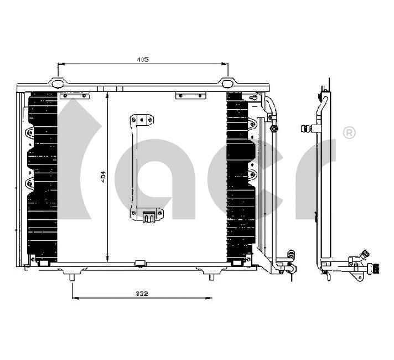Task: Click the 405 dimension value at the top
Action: pos(143,59)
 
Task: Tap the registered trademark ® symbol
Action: pos(349,132)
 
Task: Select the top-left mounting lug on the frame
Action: pos(58,84)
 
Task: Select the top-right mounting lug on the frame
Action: pos(227,84)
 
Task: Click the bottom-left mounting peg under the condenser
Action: pos(72,275)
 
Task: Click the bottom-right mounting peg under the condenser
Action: pos(211,275)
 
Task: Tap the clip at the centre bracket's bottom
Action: pos(148,217)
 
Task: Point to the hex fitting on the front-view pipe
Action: pos(274,129)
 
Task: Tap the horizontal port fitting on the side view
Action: pos(306,129)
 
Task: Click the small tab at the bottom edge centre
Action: pos(141,262)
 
